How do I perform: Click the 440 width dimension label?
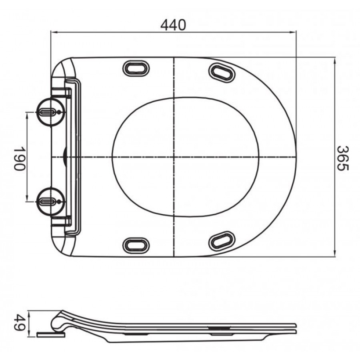tap(173, 25)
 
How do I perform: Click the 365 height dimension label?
tap(343, 158)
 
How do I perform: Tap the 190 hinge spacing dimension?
tap(19, 159)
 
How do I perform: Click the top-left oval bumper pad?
tap(136, 68)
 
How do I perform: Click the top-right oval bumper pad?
tap(222, 73)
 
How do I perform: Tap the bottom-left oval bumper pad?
tap(136, 245)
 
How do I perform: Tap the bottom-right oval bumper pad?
tap(222, 241)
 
